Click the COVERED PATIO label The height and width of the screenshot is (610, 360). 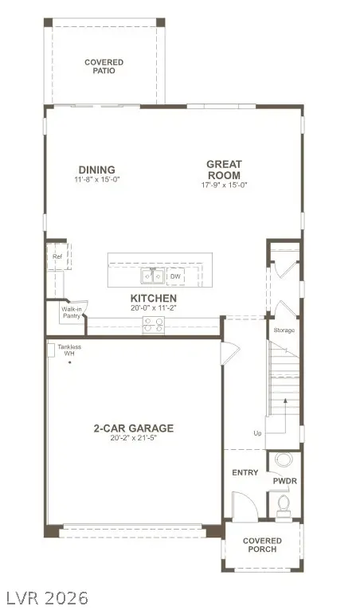[x=104, y=66]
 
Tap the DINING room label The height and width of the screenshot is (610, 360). [x=96, y=169]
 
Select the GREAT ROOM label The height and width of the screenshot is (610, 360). [x=224, y=170]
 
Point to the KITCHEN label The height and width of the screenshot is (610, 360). [x=154, y=298]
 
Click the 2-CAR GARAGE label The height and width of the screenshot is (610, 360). [x=133, y=428]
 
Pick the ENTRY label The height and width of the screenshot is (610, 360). [x=245, y=472]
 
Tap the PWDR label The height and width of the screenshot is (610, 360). [x=284, y=482]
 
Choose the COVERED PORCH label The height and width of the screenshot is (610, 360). [x=262, y=545]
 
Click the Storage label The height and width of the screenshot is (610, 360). [x=284, y=330]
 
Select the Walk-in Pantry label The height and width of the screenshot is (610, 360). [x=72, y=313]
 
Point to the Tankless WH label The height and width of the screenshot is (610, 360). [x=69, y=350]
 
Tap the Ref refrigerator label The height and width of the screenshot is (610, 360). [x=57, y=257]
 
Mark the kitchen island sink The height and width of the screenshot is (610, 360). [x=153, y=276]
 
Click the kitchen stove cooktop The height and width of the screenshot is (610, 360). [x=153, y=325]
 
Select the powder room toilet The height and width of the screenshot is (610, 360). [x=284, y=503]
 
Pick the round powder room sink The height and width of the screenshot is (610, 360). [x=284, y=459]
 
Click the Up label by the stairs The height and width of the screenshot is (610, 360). [x=256, y=433]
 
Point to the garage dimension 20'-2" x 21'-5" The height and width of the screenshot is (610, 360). [x=133, y=439]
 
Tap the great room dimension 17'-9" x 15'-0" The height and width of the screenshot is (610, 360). [x=224, y=185]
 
